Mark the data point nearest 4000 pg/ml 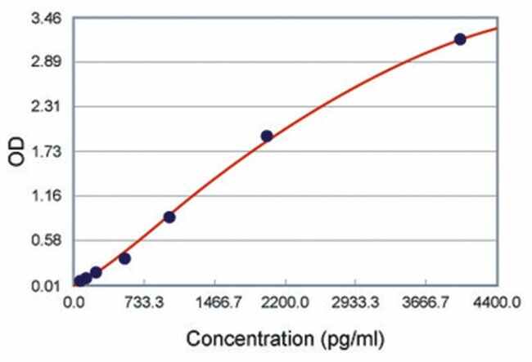pos(460,39)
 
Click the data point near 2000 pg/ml pos(266,136)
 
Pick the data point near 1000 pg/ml pos(169,217)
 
